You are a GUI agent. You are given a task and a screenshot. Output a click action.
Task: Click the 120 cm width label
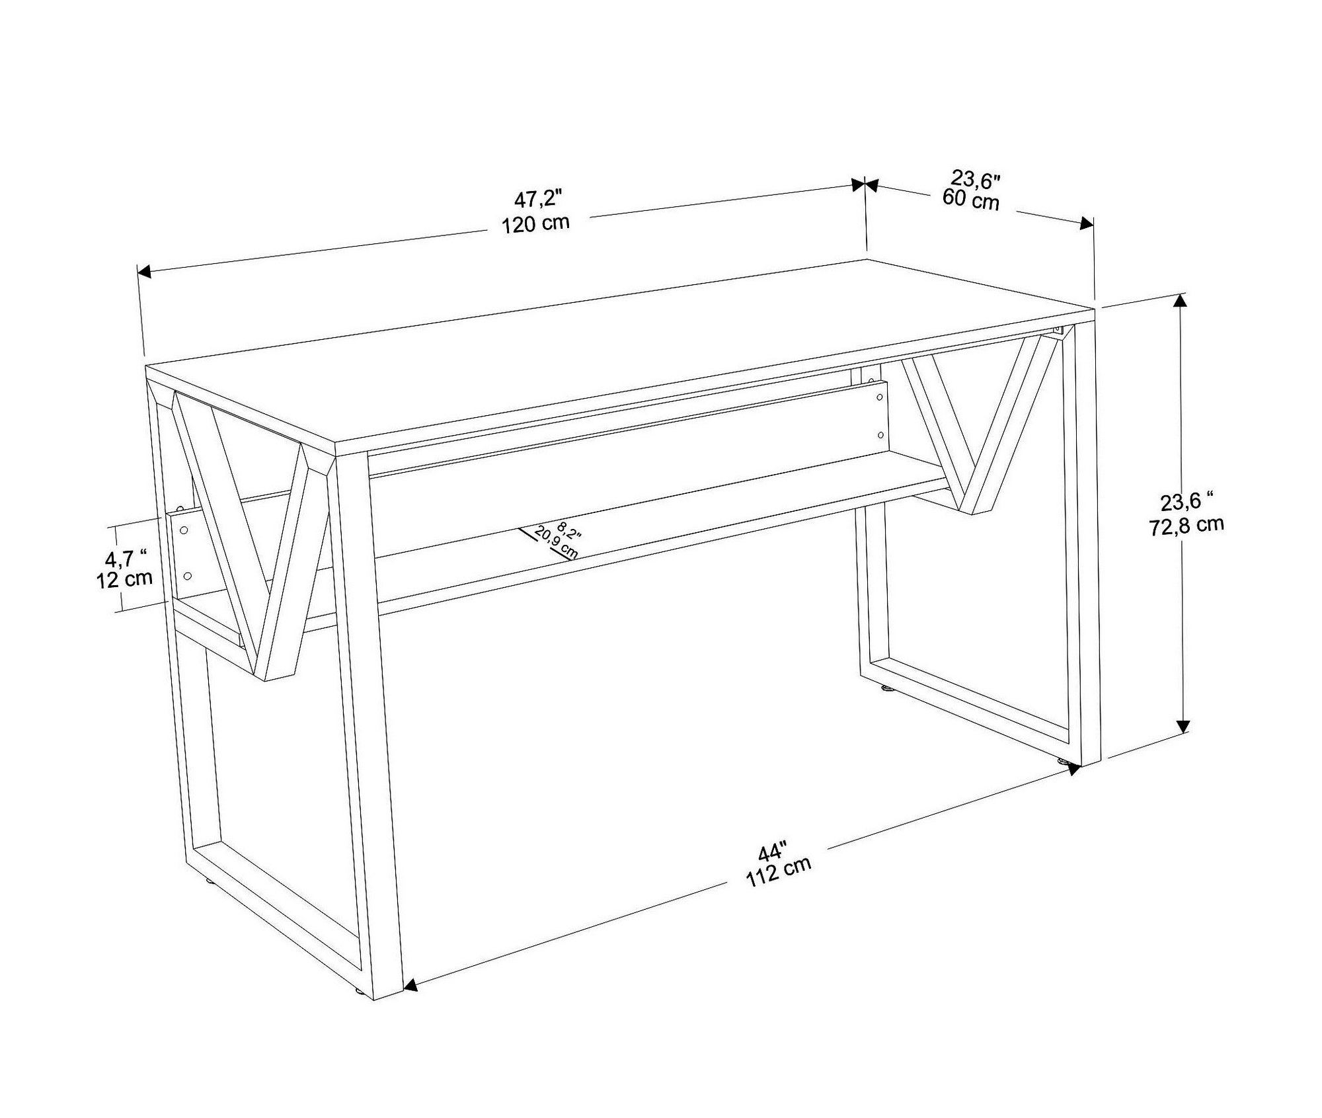[x=535, y=223]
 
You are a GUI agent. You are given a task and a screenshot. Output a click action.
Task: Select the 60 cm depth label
[x=970, y=199]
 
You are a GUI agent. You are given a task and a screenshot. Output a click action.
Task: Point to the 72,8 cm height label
[x=1186, y=526]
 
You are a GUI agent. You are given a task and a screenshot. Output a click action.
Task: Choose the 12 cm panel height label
[x=125, y=580]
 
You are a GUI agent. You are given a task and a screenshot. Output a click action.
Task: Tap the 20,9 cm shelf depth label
[x=556, y=543]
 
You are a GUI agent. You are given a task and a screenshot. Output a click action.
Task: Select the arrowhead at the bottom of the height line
[x=1183, y=727]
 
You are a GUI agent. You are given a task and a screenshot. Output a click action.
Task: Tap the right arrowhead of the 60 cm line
[x=1086, y=223]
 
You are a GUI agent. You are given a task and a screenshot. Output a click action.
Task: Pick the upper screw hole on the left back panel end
[x=184, y=530]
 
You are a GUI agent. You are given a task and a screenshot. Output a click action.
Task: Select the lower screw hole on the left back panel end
[x=187, y=576]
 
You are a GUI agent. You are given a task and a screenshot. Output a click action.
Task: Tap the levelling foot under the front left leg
[x=357, y=1010]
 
